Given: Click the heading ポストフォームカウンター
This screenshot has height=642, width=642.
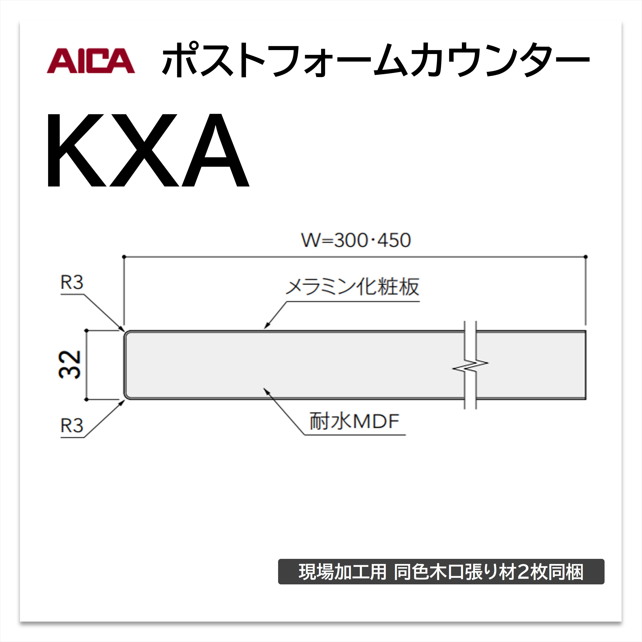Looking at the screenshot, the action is [376, 60].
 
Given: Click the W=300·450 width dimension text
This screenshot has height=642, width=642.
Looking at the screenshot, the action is [356, 240].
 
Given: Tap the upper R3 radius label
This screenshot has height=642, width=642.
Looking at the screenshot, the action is [71, 282].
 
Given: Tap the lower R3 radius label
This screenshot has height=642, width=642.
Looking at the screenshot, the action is [71, 426].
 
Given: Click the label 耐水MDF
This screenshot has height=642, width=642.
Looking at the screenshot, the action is [354, 421].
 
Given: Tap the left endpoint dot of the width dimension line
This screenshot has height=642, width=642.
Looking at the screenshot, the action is [124, 257].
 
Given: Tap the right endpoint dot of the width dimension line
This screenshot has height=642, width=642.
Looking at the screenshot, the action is [586, 257].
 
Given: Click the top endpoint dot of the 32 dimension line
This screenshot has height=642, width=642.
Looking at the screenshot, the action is [86, 331].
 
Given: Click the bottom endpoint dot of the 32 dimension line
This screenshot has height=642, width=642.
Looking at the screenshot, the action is [86, 399].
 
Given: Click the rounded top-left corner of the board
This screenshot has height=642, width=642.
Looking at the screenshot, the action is [126, 333].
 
